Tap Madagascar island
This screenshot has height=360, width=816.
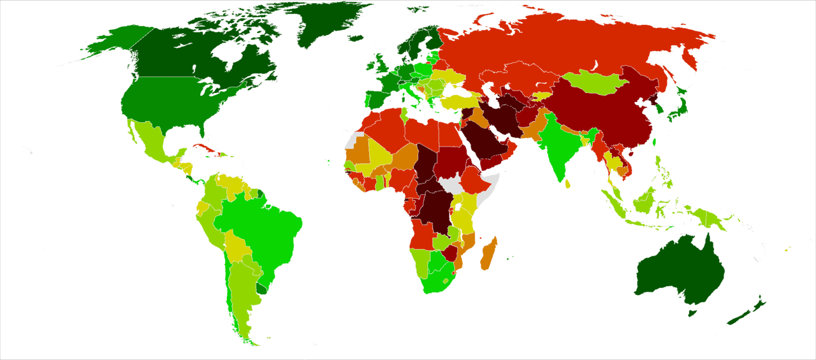pyautogui.click(x=489, y=254)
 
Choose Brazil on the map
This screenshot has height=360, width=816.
pyautogui.click(x=261, y=223)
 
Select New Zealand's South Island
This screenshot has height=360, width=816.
pyautogui.click(x=739, y=316)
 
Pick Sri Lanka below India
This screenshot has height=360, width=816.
pyautogui.click(x=568, y=184)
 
